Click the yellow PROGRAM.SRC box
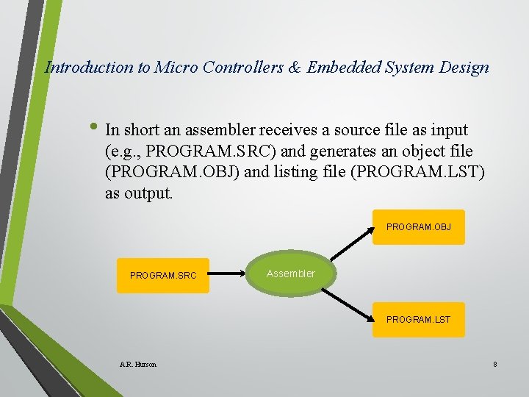pos(162,276)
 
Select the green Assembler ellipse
pos(291,273)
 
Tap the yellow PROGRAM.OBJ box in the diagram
pos(418,227)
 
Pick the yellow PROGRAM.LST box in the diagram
pos(418,320)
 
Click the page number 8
pos(495,364)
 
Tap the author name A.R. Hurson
pos(137,364)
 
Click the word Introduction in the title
pos(90,68)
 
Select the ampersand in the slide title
pos(294,68)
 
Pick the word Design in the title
pos(464,68)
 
